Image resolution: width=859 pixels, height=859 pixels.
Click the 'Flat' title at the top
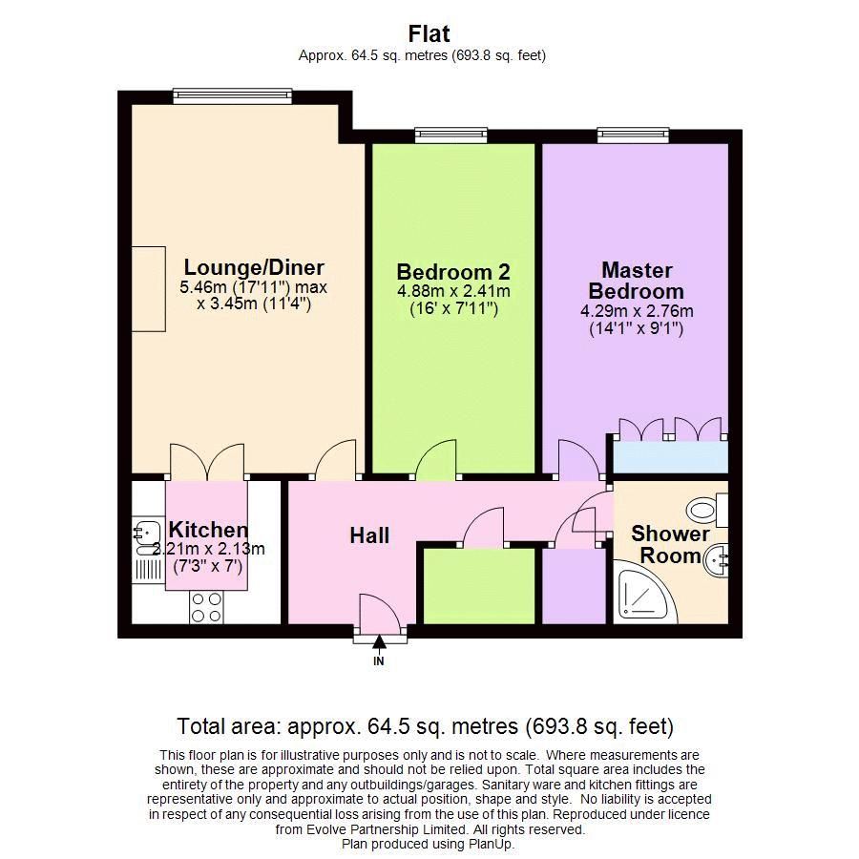[429, 34]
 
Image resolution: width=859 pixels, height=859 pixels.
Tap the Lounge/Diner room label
[254, 268]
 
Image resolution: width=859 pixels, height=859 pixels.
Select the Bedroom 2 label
[453, 270]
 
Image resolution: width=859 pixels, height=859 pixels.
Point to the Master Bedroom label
[636, 281]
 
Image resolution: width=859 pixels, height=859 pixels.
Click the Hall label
[369, 535]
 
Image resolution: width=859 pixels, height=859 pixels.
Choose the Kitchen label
[208, 530]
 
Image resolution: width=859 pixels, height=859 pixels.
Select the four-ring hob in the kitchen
[206, 607]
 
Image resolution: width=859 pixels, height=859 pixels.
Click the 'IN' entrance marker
[379, 660]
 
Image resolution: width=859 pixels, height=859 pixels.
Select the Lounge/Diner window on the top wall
[219, 95]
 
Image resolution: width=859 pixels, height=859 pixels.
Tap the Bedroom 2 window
[451, 136]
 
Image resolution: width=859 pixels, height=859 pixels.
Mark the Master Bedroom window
[634, 136]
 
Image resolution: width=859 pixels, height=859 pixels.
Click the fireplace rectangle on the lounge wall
[148, 289]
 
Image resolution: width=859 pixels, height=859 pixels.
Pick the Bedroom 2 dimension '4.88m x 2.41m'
[453, 291]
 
